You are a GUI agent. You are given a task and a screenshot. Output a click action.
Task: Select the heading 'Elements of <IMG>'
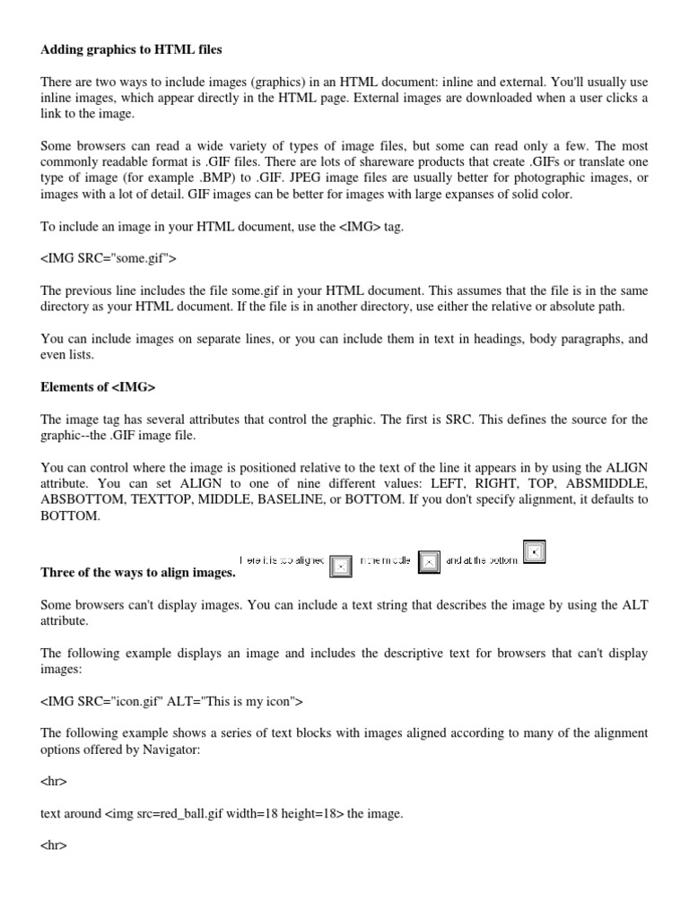92,387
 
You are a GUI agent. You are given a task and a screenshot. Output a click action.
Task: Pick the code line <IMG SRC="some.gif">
109,260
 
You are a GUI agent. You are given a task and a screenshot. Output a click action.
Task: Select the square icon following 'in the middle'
430,561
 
